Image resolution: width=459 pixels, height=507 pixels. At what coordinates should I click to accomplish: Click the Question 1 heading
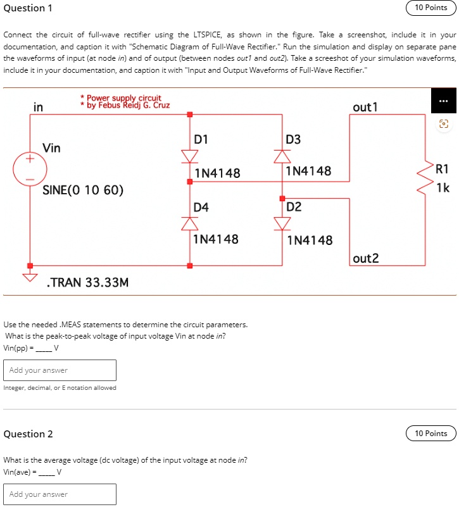click(x=28, y=8)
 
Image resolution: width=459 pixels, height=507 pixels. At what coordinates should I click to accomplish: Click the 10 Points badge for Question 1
click(x=431, y=8)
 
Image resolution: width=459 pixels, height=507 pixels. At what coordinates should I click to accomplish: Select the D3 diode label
click(x=293, y=139)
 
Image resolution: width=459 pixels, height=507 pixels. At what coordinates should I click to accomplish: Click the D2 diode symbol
click(x=282, y=222)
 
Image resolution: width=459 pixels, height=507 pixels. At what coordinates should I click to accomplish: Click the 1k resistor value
click(x=443, y=187)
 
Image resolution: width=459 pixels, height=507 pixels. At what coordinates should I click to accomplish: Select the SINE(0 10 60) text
click(x=83, y=190)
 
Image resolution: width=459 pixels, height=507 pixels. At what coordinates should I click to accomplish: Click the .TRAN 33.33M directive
click(x=88, y=282)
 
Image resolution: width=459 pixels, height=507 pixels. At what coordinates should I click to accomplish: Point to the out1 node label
click(x=365, y=107)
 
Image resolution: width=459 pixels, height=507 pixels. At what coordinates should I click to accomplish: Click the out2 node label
click(x=367, y=258)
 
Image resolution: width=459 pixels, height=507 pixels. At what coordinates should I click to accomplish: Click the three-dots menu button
click(x=443, y=103)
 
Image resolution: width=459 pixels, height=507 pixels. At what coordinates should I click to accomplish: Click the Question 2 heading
click(x=28, y=434)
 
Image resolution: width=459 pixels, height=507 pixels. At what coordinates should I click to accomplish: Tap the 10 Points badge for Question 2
click(x=431, y=434)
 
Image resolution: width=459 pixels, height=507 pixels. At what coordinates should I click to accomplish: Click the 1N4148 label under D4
click(x=216, y=239)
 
